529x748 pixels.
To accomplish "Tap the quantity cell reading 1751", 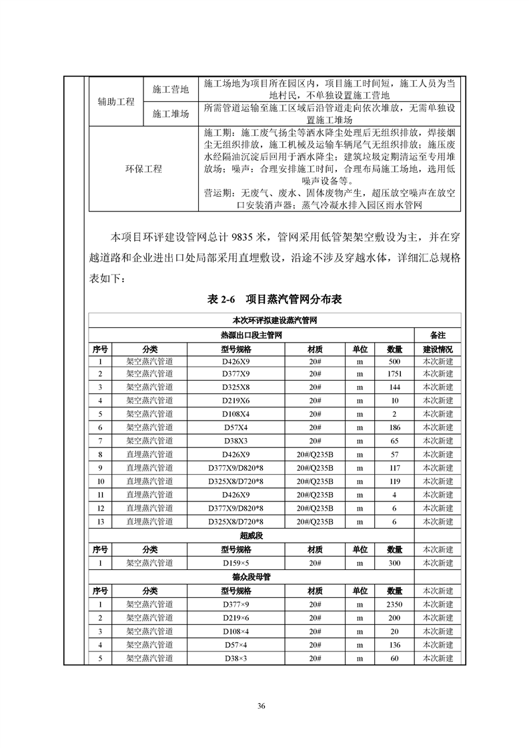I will click(x=394, y=373).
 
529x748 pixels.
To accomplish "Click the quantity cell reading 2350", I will click(x=394, y=604).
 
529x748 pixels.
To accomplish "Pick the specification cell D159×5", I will click(x=236, y=563).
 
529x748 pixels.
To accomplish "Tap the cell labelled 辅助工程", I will click(x=116, y=102).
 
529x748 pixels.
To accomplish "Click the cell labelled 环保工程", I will click(x=143, y=169).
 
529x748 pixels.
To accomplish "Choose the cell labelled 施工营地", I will click(x=171, y=89).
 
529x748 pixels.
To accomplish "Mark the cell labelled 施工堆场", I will click(x=171, y=114).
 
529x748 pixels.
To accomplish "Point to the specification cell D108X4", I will click(x=236, y=413).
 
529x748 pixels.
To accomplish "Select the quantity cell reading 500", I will click(x=394, y=361).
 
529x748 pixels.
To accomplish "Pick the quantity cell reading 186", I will click(x=394, y=427).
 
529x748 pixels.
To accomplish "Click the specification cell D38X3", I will click(x=236, y=441).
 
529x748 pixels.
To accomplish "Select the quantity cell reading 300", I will click(x=394, y=563).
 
